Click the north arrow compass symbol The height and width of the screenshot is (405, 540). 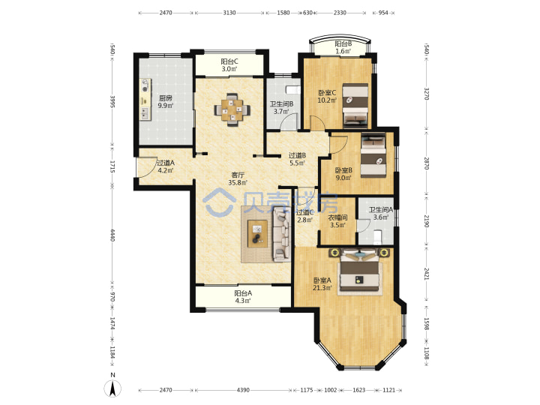tap(112, 388)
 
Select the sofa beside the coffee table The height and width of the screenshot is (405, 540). tap(282, 235)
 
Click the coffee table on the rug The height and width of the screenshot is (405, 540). tap(257, 233)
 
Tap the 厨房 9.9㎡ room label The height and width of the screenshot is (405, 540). tap(165, 102)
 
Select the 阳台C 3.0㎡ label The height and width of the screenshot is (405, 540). tap(229, 65)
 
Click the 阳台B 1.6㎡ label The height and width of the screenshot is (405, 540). tap(343, 47)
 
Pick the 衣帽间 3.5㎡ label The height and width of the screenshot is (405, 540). tap(337, 221)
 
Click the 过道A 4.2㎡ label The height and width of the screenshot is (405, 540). tap(166, 166)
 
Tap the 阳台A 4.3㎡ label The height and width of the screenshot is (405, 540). tap(243, 297)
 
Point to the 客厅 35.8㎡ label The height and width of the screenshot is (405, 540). tap(238, 179)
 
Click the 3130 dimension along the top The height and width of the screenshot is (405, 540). tap(229, 13)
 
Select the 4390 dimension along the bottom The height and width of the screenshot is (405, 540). tap(243, 390)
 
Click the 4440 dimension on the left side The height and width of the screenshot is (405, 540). tap(112, 235)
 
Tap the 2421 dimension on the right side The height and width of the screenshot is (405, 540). tap(426, 274)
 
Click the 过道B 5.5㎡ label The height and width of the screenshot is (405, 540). tap(297, 159)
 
